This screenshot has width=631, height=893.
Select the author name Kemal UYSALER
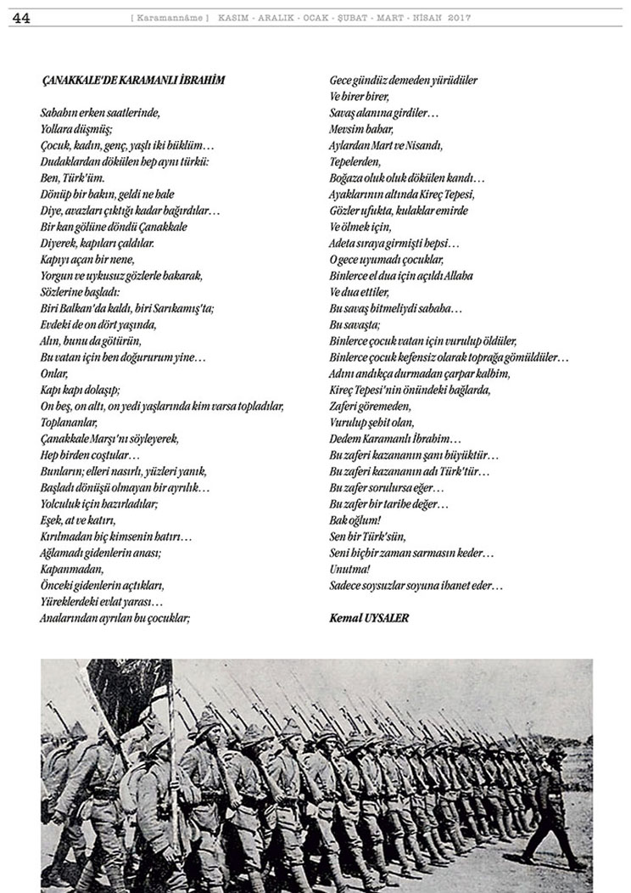tap(369, 618)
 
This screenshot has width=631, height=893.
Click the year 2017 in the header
tap(460, 18)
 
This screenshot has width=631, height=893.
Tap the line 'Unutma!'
tap(349, 569)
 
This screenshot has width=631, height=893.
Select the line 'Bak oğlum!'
tap(355, 520)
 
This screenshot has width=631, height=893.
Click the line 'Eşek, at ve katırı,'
tap(77, 520)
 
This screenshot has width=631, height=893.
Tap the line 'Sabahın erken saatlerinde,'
tap(99, 112)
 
